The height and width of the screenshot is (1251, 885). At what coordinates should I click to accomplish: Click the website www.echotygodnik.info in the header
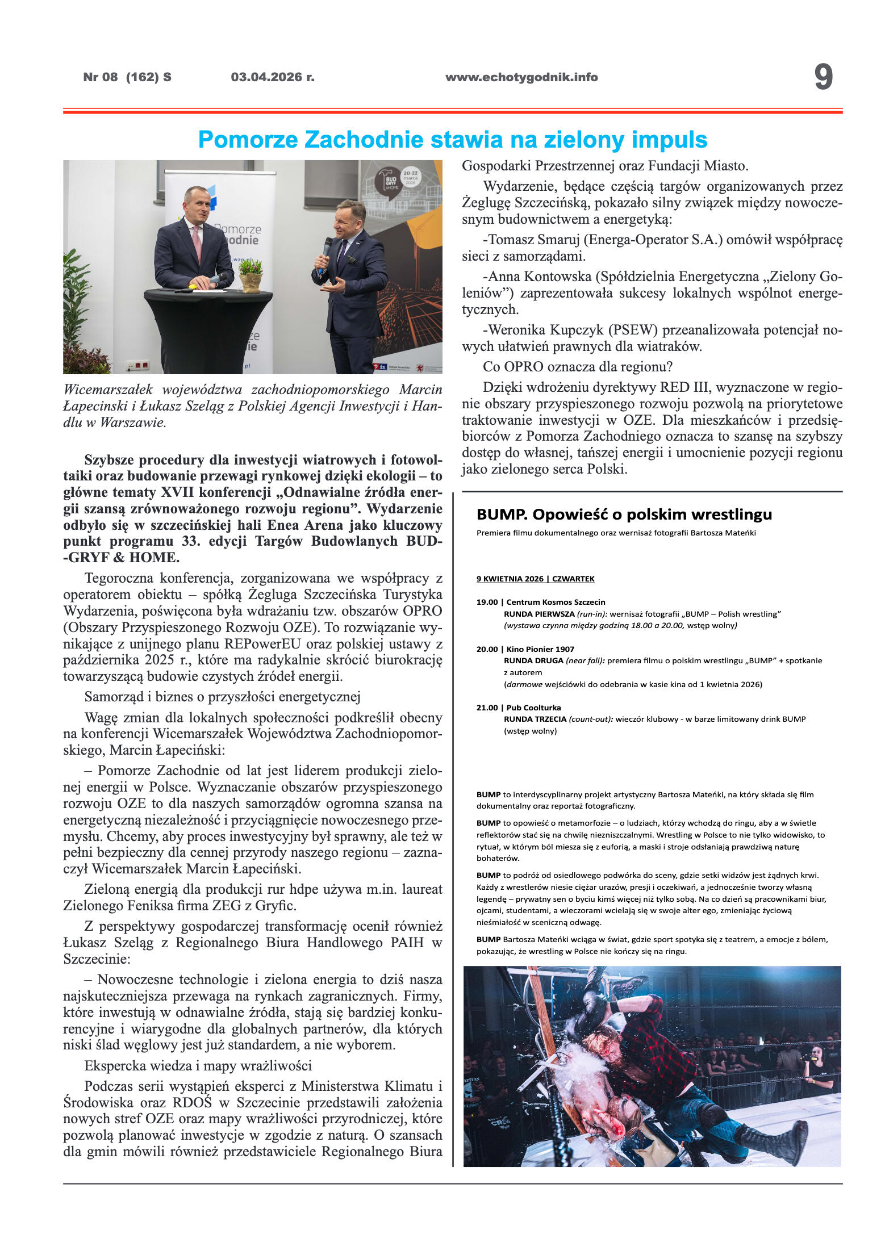(x=521, y=77)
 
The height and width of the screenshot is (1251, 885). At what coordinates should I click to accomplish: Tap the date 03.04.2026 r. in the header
(x=273, y=77)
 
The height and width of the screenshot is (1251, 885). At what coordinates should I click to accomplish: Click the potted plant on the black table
(x=250, y=274)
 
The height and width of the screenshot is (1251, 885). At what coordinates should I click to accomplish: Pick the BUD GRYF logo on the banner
(x=392, y=184)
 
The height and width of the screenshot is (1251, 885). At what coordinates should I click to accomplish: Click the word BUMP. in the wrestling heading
(x=502, y=514)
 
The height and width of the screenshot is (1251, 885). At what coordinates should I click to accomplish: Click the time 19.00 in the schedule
(x=487, y=602)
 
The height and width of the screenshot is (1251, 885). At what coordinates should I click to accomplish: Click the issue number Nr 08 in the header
(x=100, y=77)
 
